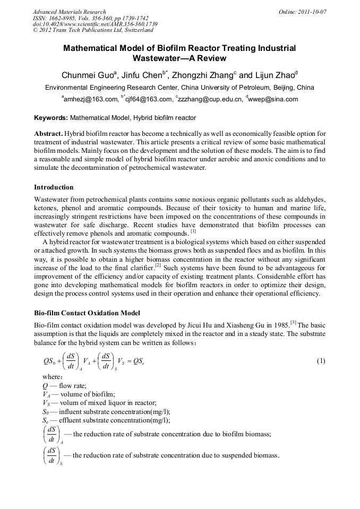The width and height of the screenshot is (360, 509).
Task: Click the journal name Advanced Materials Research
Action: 70,12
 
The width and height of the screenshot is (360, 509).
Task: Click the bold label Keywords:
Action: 51,118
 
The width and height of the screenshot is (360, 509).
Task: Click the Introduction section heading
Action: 54,187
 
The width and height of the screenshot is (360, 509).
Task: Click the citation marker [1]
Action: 193,231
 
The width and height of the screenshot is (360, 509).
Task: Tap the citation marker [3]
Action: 293,323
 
